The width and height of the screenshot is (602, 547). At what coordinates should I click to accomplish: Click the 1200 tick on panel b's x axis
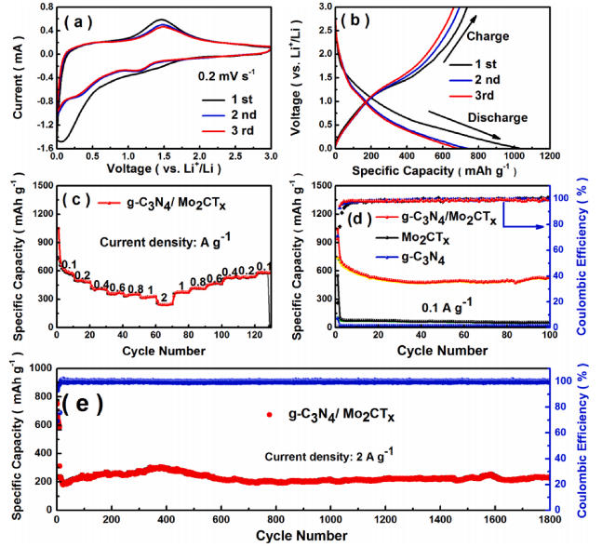(x=549, y=158)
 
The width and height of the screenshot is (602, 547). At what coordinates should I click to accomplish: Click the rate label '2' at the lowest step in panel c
(x=164, y=299)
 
